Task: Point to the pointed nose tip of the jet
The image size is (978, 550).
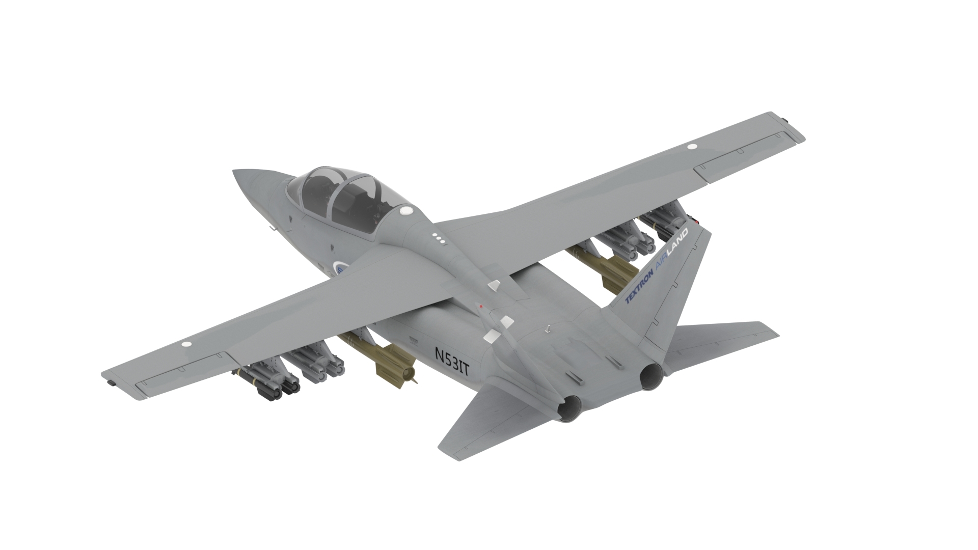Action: (236, 174)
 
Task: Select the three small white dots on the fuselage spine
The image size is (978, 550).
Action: (439, 238)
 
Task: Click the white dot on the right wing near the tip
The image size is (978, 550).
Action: (692, 146)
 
